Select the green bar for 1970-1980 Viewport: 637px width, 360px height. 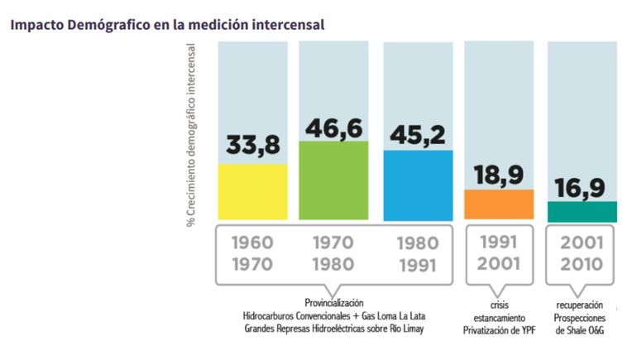pos(333,180)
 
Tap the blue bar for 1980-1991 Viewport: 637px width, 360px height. pos(418,185)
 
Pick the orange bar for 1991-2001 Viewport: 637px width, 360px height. pos(498,204)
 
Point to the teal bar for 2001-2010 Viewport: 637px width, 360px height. pos(582,212)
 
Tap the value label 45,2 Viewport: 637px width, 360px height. pos(417,132)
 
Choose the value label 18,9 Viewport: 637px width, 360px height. pos(499,175)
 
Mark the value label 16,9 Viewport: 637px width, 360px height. pos(582,187)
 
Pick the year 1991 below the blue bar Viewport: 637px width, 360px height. pos(418,266)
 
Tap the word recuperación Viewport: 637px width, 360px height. pos(582,305)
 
